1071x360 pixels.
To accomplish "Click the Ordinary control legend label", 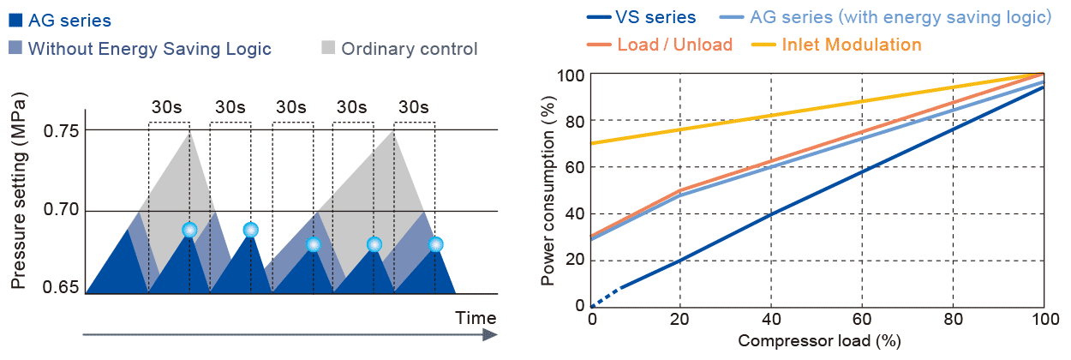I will [x=409, y=48].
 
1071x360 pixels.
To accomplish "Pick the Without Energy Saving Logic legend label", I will [x=149, y=48].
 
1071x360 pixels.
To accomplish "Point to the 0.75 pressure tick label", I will [x=61, y=131].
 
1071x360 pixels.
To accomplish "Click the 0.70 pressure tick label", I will [x=61, y=211].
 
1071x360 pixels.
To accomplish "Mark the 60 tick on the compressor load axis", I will [x=862, y=319].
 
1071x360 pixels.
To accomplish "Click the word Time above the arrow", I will [x=476, y=317].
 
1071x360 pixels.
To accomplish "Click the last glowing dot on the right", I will [x=435, y=244].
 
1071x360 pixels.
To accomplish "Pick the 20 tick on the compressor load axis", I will [x=680, y=319].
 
